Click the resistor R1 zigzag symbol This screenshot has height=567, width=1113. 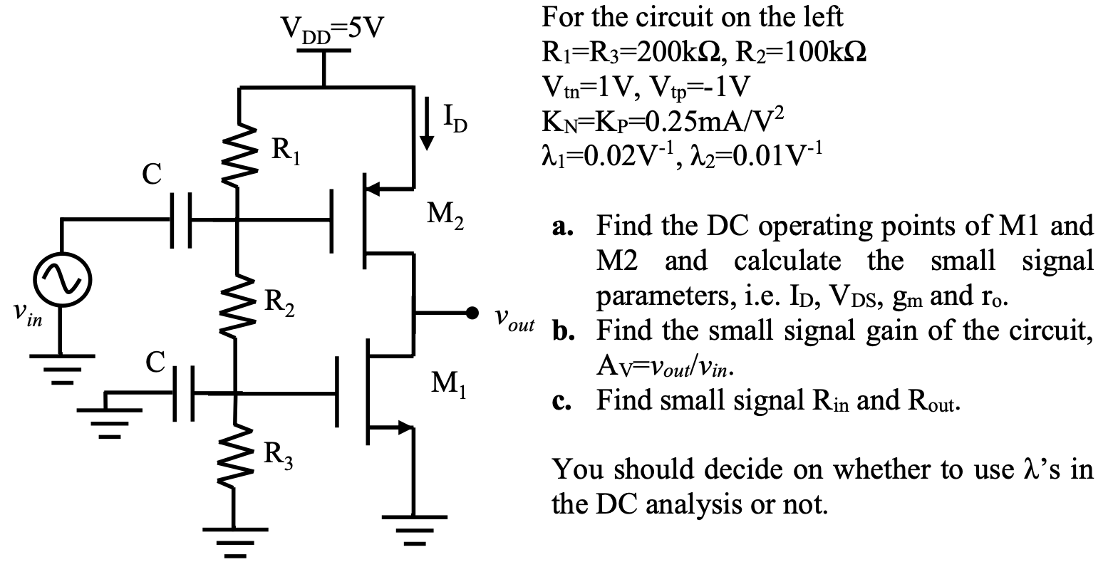[241, 154]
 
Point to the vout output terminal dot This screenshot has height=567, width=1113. [471, 313]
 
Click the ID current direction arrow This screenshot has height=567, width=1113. [427, 123]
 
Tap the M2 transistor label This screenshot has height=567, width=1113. [445, 217]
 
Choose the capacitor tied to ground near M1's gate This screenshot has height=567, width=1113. [184, 394]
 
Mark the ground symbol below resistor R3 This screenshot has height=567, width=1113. [234, 543]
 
